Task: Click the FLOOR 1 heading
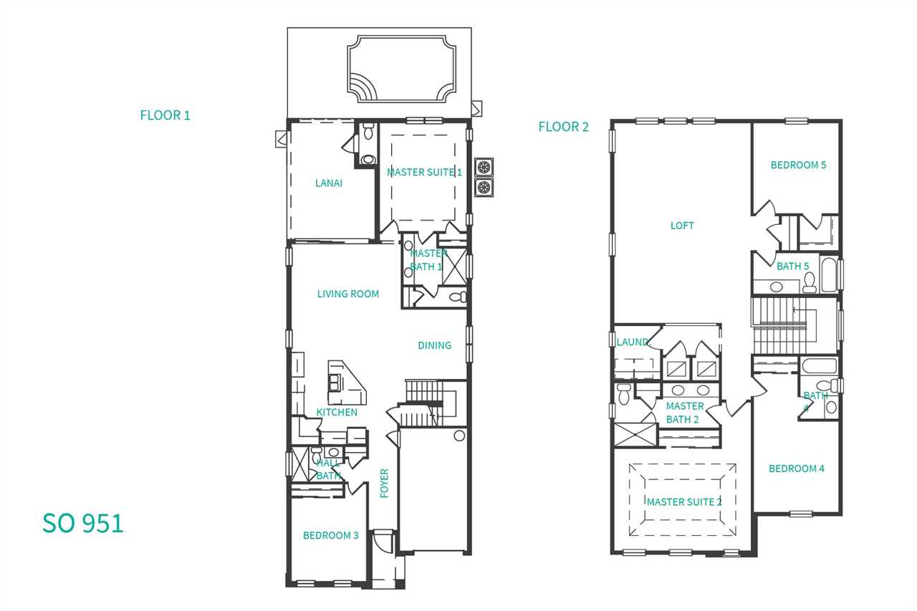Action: (x=165, y=115)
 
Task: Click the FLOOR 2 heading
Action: (x=563, y=127)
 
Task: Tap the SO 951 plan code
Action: (x=83, y=523)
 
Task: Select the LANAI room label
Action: (x=329, y=183)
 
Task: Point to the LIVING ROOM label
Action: (x=348, y=294)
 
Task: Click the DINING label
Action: (x=434, y=345)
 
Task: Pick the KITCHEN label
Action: (x=337, y=412)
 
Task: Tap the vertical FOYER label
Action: (x=384, y=483)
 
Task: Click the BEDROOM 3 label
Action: (x=331, y=535)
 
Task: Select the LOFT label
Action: (x=682, y=226)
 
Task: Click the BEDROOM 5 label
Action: (x=798, y=165)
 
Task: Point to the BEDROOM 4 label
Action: (x=797, y=468)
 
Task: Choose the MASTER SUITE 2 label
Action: (x=684, y=501)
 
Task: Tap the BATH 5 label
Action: (x=793, y=266)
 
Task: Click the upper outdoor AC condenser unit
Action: (x=484, y=167)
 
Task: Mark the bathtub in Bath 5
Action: (x=829, y=274)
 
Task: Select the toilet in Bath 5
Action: (x=810, y=283)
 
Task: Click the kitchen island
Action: (x=346, y=383)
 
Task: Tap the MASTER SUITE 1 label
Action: (x=424, y=173)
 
